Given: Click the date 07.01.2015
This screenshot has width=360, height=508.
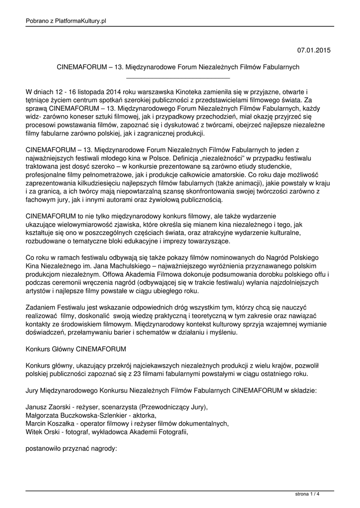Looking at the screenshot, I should pos(314,51).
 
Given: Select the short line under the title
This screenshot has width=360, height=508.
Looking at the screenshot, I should pos(178,78).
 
